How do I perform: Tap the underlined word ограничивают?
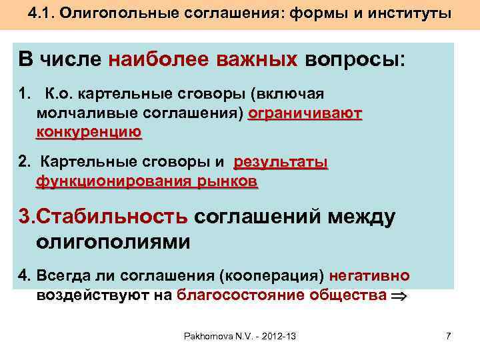pos(305,113)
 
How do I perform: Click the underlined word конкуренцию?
pos(89,131)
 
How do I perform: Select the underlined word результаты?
pos(281,163)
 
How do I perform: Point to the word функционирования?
pos(106,181)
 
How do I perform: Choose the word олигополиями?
pos(113,241)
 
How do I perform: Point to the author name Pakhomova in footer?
pos(209,337)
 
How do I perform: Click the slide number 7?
pos(448,337)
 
